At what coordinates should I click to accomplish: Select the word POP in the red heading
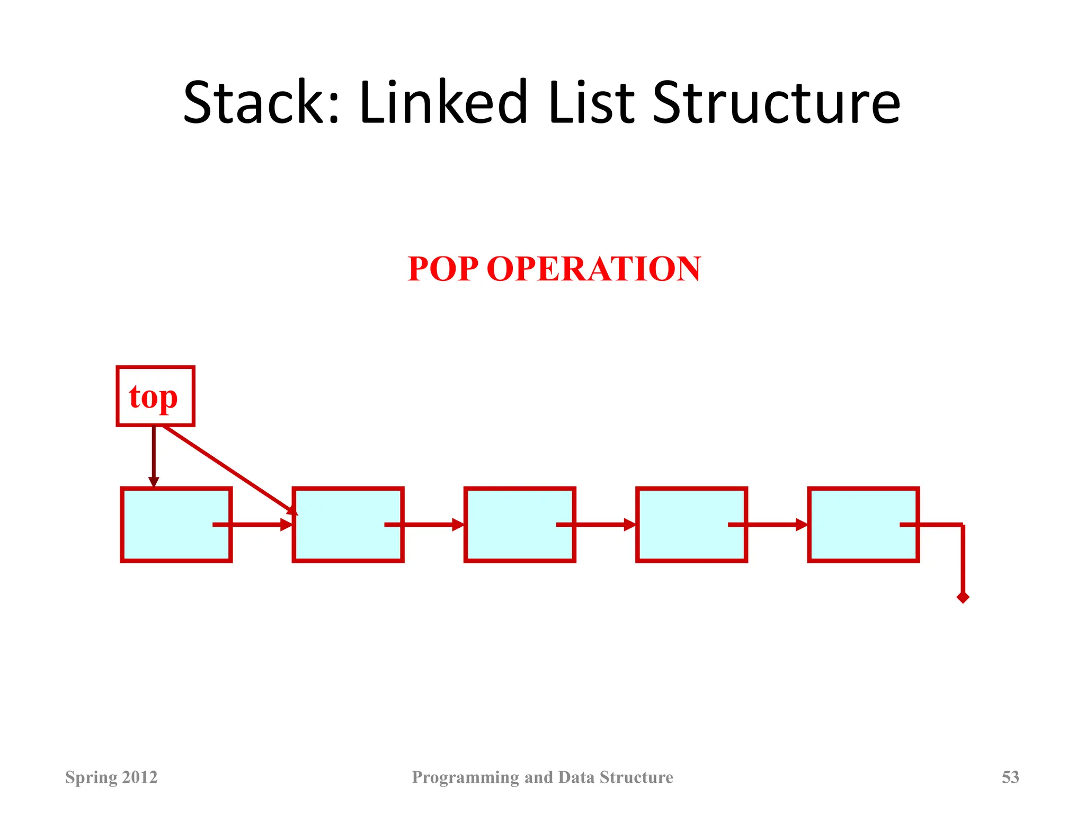point(443,269)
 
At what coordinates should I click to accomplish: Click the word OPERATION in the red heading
point(593,269)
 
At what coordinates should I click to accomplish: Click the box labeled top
point(155,396)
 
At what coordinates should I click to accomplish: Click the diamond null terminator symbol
point(963,598)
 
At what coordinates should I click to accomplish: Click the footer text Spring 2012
point(111,777)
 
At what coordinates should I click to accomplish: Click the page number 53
point(1010,777)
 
